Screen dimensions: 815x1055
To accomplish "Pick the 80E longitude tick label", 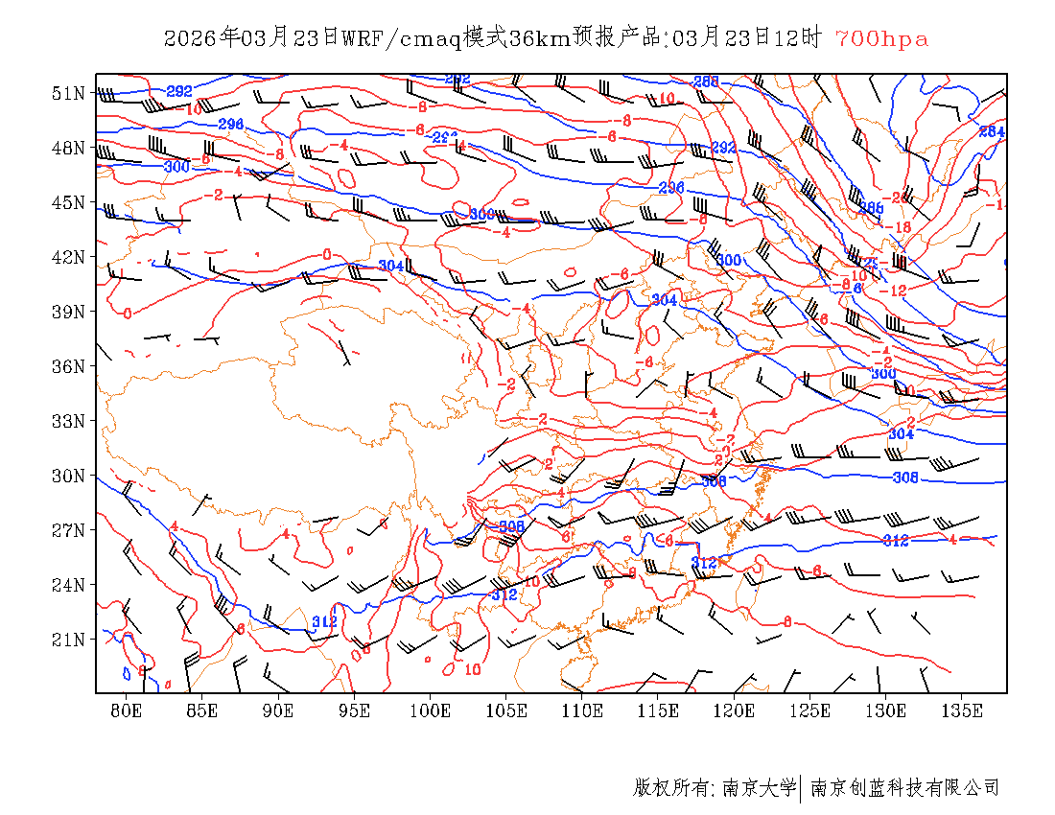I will point(127,710).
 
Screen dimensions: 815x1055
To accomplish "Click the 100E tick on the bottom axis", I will point(431,710).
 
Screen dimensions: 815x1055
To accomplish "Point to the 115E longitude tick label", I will point(659,710).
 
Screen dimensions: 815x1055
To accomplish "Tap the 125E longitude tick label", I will point(810,710).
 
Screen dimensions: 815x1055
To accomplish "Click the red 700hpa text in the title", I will point(881,39).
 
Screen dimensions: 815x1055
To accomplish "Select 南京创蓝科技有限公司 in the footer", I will point(904,788).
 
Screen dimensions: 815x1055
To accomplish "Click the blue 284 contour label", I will point(992,131).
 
